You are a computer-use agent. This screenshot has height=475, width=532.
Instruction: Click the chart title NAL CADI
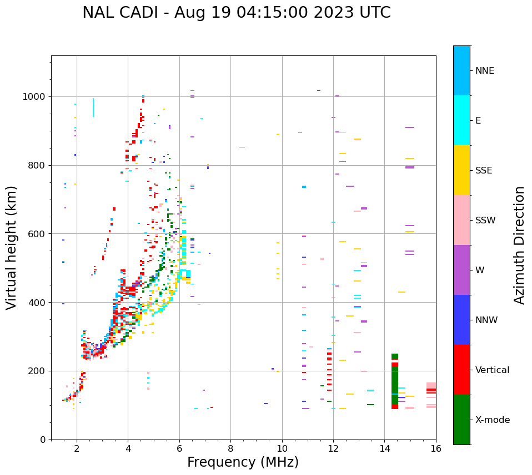click(236, 13)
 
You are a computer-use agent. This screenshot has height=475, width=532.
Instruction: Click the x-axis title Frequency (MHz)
click(243, 462)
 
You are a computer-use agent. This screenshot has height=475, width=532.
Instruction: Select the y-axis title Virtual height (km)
click(12, 248)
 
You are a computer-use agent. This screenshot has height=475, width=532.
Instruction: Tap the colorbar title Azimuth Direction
click(519, 244)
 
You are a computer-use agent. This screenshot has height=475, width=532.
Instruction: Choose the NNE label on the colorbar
click(484, 71)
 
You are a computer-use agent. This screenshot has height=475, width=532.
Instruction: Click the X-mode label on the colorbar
click(492, 420)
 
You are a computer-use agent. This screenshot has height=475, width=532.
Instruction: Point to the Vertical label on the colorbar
click(492, 370)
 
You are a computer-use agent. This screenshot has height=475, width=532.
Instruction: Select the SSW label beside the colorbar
click(485, 221)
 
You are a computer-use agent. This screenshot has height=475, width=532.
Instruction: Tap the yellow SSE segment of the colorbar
click(461, 170)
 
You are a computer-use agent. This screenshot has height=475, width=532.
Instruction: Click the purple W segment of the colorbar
click(461, 270)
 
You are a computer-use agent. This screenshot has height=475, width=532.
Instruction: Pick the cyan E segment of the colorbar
click(461, 120)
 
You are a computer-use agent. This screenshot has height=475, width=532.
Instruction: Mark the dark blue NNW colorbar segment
click(461, 320)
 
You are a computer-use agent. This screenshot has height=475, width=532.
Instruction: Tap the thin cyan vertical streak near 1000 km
click(93, 108)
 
